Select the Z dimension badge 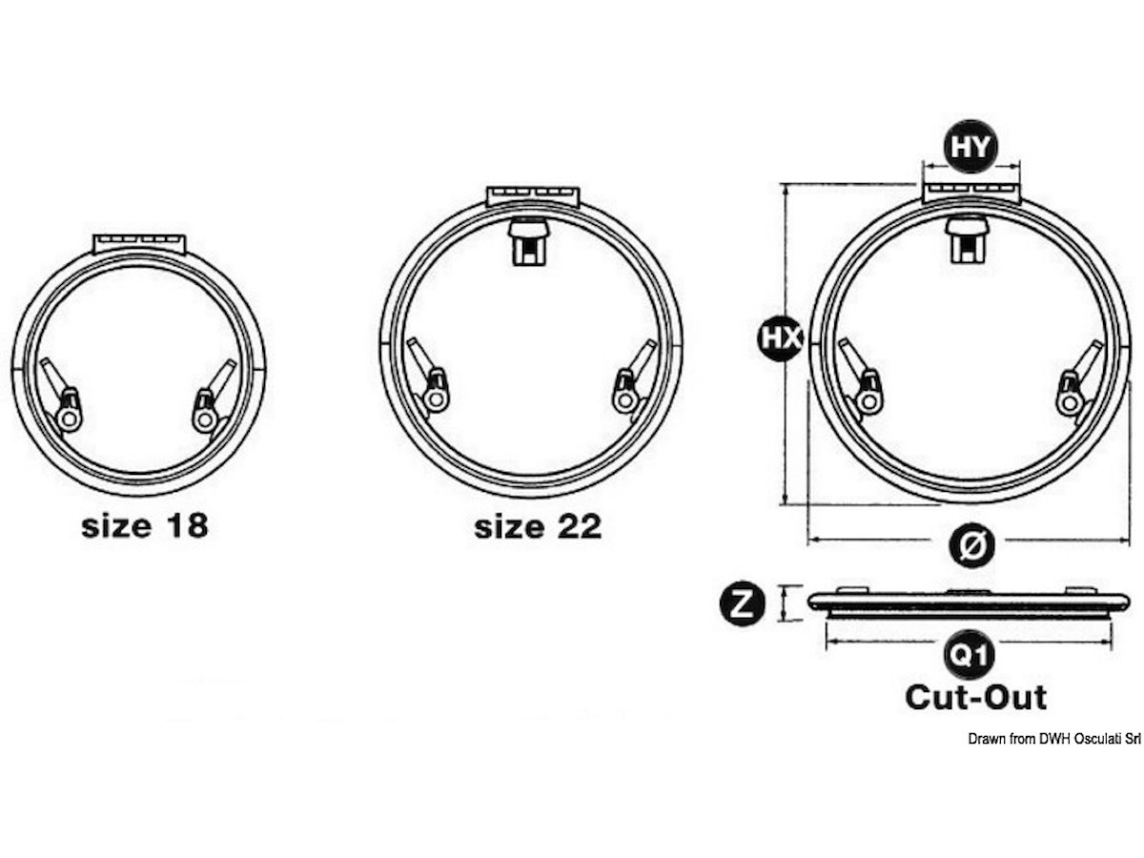pos(742,603)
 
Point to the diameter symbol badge pos(971,545)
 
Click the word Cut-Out pos(975,698)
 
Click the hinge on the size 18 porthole pos(140,244)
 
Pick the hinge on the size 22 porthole pos(533,197)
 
